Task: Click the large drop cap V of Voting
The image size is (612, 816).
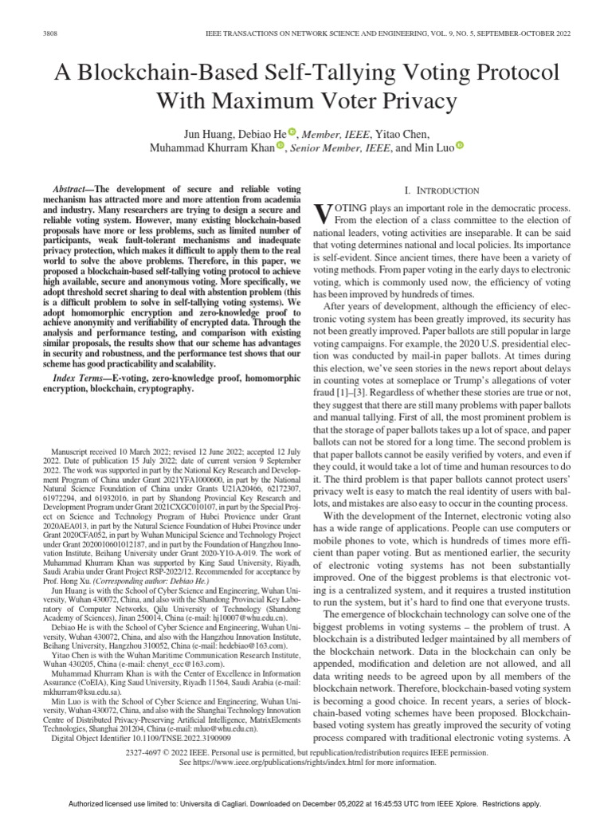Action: pos(322,213)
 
